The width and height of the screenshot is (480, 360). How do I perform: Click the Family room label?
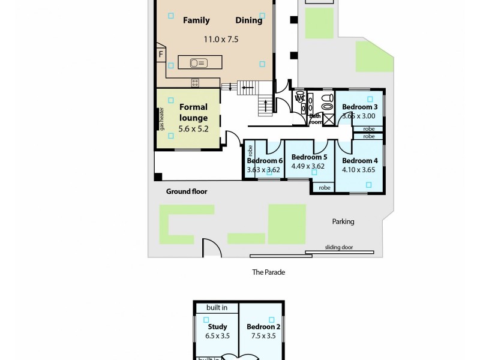196,20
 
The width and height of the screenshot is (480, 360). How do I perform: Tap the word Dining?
248,20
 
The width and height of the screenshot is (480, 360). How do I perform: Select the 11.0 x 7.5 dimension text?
221,40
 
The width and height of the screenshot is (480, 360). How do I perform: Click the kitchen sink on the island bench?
198,62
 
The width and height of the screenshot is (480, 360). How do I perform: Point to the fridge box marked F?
161,55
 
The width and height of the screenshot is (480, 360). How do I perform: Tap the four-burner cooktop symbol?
195,83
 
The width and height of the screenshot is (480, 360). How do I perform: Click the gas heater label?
162,119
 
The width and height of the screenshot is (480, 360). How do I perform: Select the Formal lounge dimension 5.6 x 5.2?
193,128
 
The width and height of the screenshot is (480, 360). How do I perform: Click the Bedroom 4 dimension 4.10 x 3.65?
359,170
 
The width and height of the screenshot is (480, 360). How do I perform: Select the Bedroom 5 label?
308,157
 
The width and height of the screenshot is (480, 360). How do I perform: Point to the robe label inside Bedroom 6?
250,151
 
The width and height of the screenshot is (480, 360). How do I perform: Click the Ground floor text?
187,191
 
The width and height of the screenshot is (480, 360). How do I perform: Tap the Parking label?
343,221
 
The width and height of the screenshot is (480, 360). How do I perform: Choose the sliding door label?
339,247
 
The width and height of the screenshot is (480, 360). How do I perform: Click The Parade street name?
268,272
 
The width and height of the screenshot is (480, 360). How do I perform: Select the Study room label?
217,327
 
